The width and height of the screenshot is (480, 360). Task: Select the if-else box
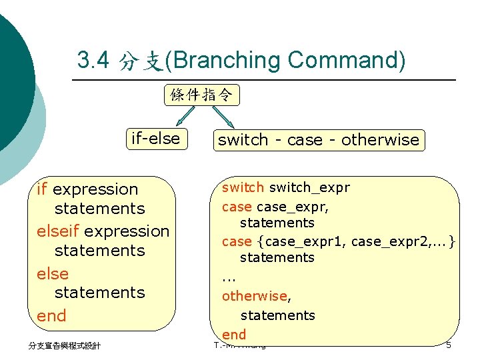pyautogui.click(x=156, y=139)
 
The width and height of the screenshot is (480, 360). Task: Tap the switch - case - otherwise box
pyautogui.click(x=319, y=140)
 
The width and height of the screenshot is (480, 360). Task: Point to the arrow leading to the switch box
pyautogui.click(x=223, y=117)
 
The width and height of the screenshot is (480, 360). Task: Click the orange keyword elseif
pyautogui.click(x=59, y=231)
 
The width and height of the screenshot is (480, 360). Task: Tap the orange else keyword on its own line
pyautogui.click(x=53, y=273)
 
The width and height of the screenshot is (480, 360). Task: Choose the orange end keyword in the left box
pyautogui.click(x=51, y=315)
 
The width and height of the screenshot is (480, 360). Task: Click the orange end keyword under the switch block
pyautogui.click(x=234, y=334)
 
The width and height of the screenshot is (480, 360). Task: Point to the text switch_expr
pyautogui.click(x=309, y=187)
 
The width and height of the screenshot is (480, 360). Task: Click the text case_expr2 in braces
pyautogui.click(x=387, y=241)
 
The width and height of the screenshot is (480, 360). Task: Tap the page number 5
pyautogui.click(x=449, y=345)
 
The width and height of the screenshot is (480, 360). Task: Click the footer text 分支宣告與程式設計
pyautogui.click(x=64, y=345)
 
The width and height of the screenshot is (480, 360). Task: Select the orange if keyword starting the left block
pyautogui.click(x=42, y=189)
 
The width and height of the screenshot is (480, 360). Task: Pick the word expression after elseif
pyautogui.click(x=127, y=231)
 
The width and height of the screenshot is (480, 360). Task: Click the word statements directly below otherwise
pyautogui.click(x=277, y=315)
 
